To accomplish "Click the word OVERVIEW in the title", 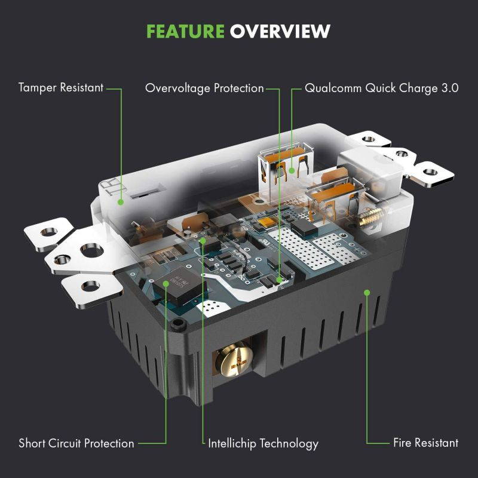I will click(x=280, y=31).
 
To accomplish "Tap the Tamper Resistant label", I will click(x=61, y=88).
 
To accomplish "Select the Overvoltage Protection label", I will click(x=204, y=88).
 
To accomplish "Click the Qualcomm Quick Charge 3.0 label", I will click(x=381, y=88).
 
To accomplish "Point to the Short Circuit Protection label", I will click(x=76, y=443).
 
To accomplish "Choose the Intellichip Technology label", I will click(x=263, y=443).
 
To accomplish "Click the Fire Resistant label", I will click(x=425, y=443).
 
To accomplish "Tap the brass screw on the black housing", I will click(x=234, y=361).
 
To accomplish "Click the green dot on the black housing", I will click(x=367, y=292).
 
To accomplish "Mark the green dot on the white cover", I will click(x=121, y=202).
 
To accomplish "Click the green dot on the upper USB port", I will click(x=292, y=170).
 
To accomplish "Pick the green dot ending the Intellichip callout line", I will click(x=203, y=241).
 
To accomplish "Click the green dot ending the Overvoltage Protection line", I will click(x=279, y=278).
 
